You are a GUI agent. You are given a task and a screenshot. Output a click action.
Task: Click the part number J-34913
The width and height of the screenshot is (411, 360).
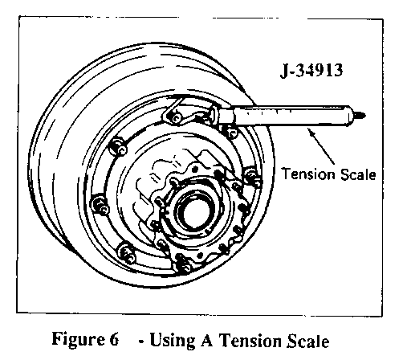tap(311, 70)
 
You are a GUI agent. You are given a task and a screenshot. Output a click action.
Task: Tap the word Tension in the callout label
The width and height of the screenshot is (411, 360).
tap(305, 174)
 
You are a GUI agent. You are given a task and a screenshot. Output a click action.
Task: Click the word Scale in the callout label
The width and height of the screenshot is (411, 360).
tap(355, 174)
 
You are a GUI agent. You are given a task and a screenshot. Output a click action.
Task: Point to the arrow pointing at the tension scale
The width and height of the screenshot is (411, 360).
tap(321, 145)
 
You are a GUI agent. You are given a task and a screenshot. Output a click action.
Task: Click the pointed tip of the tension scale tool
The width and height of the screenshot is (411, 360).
tap(364, 116)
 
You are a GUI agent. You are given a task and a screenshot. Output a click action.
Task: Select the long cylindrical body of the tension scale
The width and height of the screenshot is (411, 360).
tap(291, 116)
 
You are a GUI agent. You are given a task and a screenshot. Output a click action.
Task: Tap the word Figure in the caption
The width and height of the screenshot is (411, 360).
tap(78, 340)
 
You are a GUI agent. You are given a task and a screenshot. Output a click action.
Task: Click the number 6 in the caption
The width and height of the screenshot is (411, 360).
tap(114, 339)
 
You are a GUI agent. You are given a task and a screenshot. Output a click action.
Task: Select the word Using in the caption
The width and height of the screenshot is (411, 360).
tap(173, 340)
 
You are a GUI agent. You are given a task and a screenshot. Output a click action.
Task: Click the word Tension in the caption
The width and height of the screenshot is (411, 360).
tap(250, 341)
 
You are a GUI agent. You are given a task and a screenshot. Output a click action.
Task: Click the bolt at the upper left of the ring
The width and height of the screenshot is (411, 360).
tap(118, 146)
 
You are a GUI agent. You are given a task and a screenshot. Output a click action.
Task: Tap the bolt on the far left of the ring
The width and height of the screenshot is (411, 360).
tap(100, 204)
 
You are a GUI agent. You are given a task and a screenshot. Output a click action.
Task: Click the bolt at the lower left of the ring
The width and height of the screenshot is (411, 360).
tap(127, 252)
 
